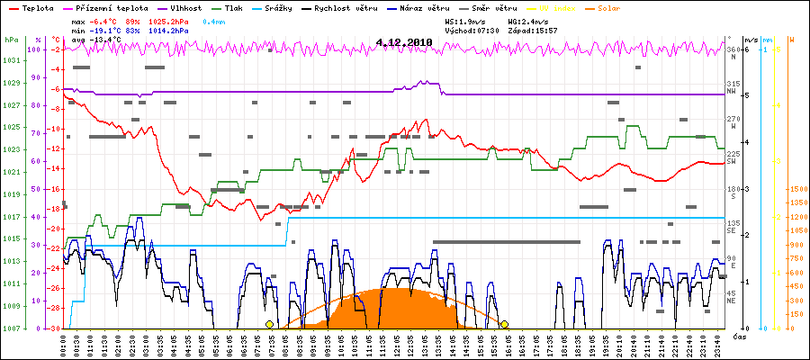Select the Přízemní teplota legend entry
click(117, 7)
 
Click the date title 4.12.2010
click(405, 41)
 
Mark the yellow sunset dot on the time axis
click(505, 324)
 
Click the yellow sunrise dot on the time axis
click(269, 324)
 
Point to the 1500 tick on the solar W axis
click(797, 190)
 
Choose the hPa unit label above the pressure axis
click(10, 40)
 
